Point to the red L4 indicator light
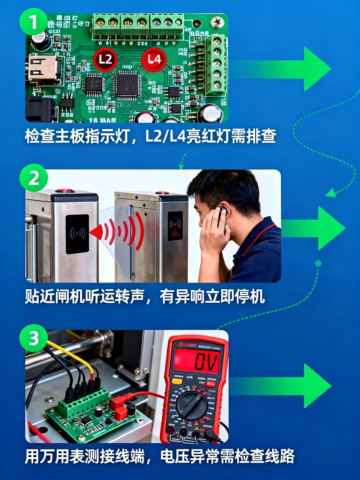154,59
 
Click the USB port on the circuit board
43,68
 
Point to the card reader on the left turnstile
77,233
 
